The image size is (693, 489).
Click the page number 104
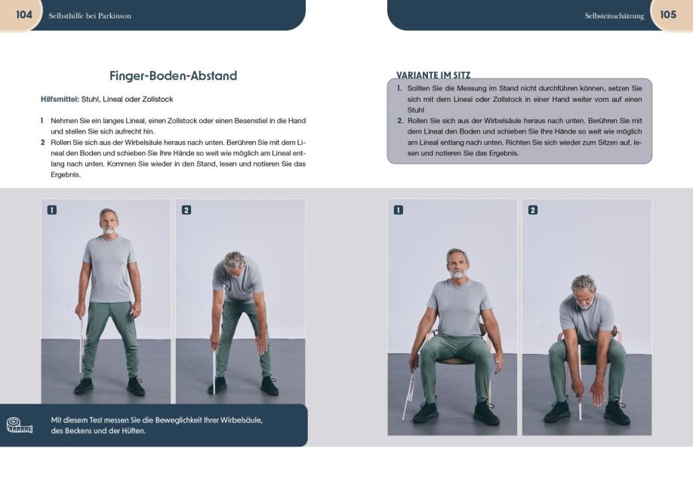click(x=24, y=14)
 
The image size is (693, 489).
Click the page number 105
click(x=668, y=14)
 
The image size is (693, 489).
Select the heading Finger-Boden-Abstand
click(x=174, y=75)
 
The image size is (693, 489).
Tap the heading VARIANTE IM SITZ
click(x=433, y=75)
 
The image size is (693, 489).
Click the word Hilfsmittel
click(x=60, y=100)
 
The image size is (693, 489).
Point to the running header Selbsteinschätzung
click(x=614, y=16)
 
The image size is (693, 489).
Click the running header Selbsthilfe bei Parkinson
click(x=90, y=16)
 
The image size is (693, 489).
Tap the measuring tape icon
click(x=20, y=425)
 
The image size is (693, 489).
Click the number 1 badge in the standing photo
click(x=51, y=210)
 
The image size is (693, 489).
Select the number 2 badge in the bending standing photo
click(x=186, y=210)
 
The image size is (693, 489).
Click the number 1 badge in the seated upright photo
click(x=398, y=210)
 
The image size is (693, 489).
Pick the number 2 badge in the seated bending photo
click(x=532, y=210)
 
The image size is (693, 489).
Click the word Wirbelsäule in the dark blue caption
click(x=242, y=420)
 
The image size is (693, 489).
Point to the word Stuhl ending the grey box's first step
click(x=415, y=110)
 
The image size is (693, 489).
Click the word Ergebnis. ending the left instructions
click(x=66, y=175)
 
